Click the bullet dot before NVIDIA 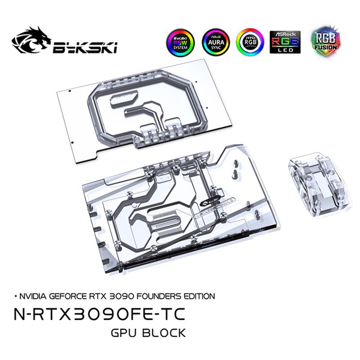pos(17,296)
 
